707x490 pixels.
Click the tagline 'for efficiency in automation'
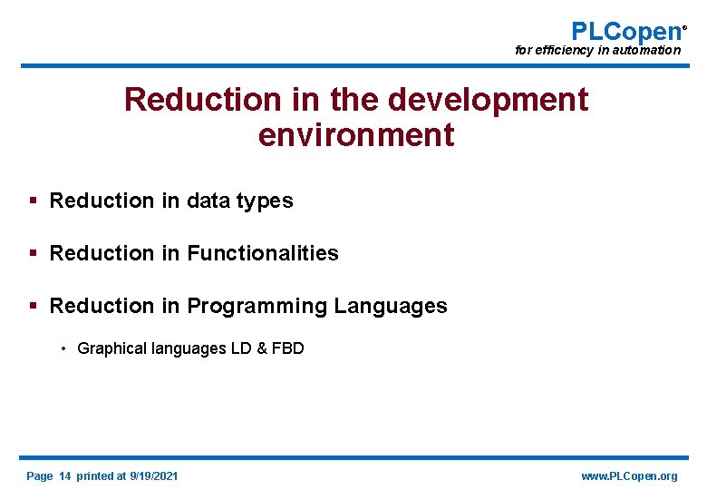[597, 51]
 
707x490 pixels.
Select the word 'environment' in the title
[355, 135]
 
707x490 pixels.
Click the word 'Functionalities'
[262, 253]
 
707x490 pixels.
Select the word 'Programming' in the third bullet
[257, 307]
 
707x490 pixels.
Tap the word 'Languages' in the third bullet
[391, 307]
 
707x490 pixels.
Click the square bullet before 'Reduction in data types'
[33, 201]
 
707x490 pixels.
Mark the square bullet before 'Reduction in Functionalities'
[33, 253]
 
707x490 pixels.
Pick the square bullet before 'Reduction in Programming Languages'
[33, 306]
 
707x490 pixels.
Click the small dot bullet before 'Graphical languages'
[64, 348]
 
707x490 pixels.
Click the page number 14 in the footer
[64, 475]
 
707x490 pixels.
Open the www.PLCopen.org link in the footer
[629, 475]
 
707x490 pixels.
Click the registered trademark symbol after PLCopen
[684, 27]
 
